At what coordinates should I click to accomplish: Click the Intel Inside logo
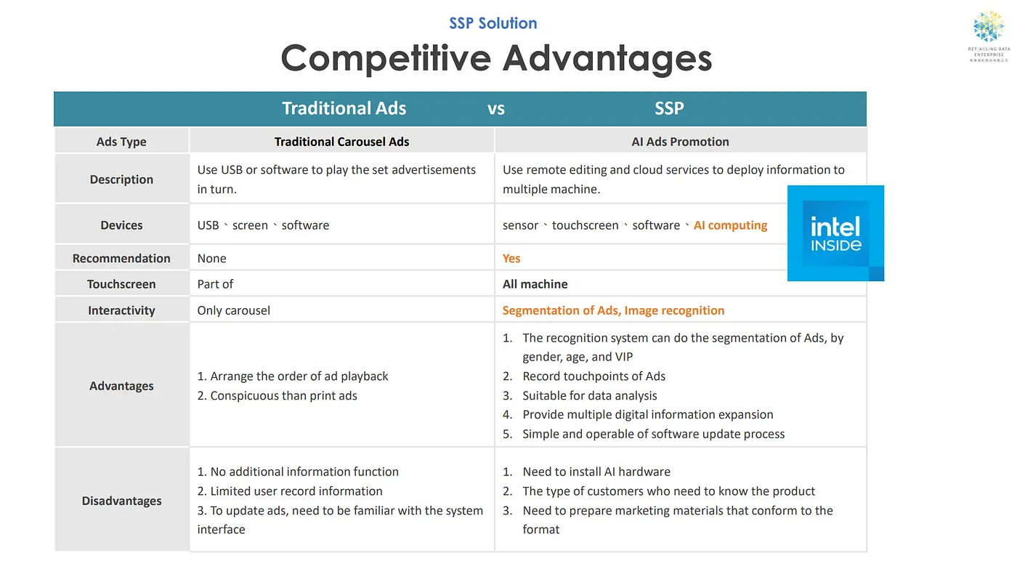835,233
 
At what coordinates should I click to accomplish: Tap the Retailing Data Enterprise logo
989,36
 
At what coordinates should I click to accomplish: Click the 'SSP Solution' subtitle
493,23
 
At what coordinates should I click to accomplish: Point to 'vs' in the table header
495,109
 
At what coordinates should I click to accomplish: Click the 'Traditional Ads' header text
344,108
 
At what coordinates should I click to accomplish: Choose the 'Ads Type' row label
121,142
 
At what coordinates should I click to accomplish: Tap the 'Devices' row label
121,225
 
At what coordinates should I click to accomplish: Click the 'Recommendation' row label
121,258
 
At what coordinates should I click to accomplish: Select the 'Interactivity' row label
121,310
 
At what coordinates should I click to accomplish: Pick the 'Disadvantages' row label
121,501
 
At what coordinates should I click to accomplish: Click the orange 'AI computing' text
730,225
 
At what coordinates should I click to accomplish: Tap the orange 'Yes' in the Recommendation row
511,258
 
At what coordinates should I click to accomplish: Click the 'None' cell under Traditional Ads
211,258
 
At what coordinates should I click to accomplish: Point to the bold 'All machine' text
535,284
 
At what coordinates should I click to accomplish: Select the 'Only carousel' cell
233,310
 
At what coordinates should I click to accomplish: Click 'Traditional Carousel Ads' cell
341,142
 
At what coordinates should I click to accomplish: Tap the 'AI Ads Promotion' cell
680,142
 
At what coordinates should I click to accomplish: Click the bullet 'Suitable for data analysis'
589,395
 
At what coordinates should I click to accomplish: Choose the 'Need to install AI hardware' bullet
596,472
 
